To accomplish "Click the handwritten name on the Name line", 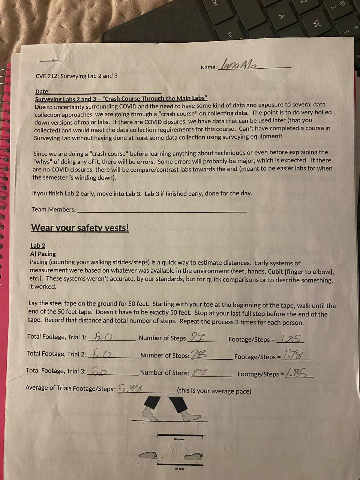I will tap(239, 65).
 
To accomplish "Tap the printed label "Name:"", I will tap(208, 67).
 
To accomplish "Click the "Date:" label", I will tap(42, 91).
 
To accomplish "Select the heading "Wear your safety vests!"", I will tap(80, 228).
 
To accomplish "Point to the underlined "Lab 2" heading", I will tap(37, 246).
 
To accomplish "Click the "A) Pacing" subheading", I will tap(43, 254).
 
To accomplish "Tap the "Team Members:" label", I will tap(54, 210).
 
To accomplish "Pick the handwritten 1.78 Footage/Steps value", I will tap(295, 354).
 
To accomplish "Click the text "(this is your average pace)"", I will tap(214, 391).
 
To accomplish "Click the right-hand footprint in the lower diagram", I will tap(194, 456).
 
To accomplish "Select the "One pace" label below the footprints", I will tap(178, 469).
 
